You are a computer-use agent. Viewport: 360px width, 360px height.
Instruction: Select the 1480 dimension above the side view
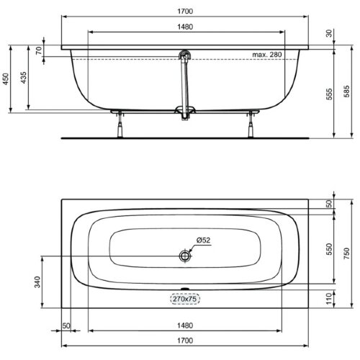pyautogui.click(x=184, y=27)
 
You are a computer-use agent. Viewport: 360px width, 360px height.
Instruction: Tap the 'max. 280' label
pyautogui.click(x=267, y=55)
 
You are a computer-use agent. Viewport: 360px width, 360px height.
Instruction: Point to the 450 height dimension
pyautogui.click(x=7, y=79)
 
